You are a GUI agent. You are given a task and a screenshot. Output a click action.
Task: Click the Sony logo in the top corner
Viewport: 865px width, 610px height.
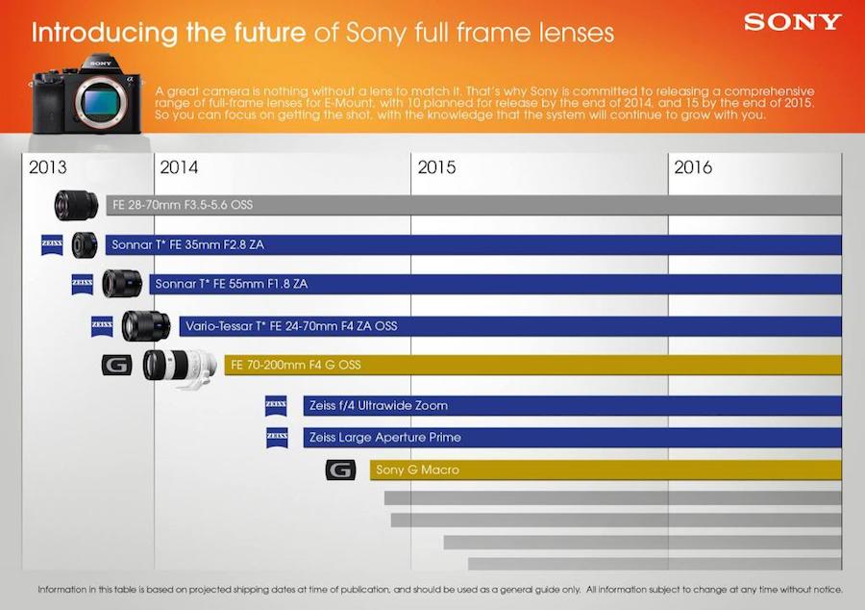click(792, 21)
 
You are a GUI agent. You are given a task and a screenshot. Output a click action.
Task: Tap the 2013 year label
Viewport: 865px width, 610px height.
click(48, 167)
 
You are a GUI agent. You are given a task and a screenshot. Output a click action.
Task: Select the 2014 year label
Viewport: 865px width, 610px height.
click(180, 167)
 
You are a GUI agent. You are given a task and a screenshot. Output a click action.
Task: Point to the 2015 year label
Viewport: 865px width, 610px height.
click(437, 167)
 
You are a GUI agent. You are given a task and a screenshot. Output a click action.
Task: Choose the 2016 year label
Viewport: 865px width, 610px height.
click(693, 167)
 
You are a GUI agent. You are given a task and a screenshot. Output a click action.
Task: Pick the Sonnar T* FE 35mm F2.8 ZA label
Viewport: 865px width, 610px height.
click(187, 245)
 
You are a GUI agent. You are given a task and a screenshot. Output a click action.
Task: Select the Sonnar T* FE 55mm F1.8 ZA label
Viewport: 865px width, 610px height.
click(232, 285)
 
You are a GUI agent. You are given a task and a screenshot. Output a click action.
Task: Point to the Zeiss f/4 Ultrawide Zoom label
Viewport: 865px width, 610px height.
click(378, 406)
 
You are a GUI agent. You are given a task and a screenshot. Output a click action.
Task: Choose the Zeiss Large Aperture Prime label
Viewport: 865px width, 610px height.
click(384, 438)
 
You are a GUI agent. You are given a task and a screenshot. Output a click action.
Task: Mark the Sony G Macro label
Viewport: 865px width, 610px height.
click(417, 470)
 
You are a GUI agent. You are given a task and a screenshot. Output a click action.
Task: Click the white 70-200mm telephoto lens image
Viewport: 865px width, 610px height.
click(180, 366)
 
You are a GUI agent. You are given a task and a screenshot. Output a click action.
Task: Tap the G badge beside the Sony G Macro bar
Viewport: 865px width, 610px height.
click(340, 470)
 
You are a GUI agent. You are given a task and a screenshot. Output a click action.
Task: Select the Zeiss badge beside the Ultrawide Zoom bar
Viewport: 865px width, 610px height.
click(277, 406)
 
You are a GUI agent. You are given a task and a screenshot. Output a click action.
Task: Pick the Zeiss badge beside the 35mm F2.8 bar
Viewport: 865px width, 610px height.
click(53, 245)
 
